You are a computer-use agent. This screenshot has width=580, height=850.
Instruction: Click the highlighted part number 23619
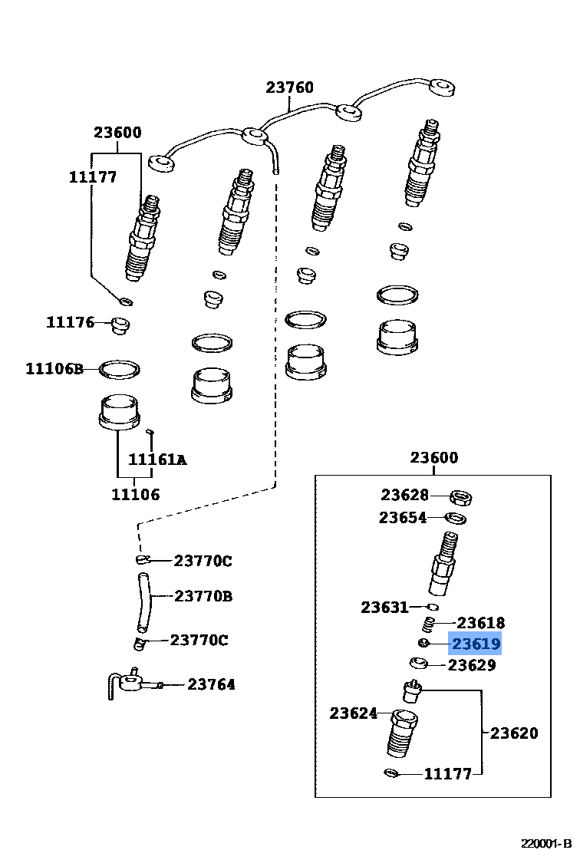pyautogui.click(x=476, y=644)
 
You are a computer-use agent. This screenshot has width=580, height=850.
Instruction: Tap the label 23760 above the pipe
pyautogui.click(x=290, y=87)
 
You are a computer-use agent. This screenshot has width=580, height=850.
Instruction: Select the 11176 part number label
pyautogui.click(x=70, y=322)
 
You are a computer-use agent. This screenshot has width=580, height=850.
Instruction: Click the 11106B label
pyautogui.click(x=54, y=369)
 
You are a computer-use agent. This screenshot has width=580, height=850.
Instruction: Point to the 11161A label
pyautogui.click(x=157, y=460)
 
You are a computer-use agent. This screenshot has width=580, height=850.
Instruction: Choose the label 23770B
pyautogui.click(x=203, y=595)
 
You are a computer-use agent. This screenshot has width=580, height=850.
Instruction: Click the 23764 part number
pyautogui.click(x=212, y=684)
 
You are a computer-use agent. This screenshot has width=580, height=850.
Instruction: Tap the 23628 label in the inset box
pyautogui.click(x=405, y=496)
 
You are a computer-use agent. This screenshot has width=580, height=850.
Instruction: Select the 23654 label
pyautogui.click(x=403, y=518)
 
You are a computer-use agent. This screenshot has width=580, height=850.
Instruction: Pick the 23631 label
pyautogui.click(x=385, y=608)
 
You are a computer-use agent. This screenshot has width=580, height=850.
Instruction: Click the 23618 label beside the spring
pyautogui.click(x=481, y=623)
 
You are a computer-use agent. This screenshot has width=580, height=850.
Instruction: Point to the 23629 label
pyautogui.click(x=472, y=665)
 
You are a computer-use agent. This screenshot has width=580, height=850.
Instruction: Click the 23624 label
pyautogui.click(x=354, y=713)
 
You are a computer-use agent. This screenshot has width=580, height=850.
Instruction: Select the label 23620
pyautogui.click(x=514, y=733)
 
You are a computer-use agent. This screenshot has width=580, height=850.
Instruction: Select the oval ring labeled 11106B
pyautogui.click(x=120, y=369)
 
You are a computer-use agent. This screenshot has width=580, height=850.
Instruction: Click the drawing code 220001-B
pyautogui.click(x=548, y=842)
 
